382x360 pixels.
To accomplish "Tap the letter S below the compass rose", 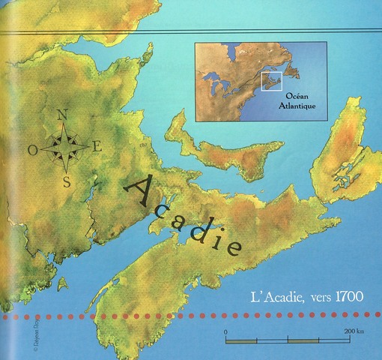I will (67, 181).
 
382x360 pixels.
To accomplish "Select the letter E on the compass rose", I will (98, 146).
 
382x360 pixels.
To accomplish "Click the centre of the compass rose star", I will (66, 147).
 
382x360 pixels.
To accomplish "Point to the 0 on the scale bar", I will (225, 331).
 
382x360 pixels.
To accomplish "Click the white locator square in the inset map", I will (270, 81).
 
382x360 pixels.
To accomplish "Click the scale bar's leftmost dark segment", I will (240, 341).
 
